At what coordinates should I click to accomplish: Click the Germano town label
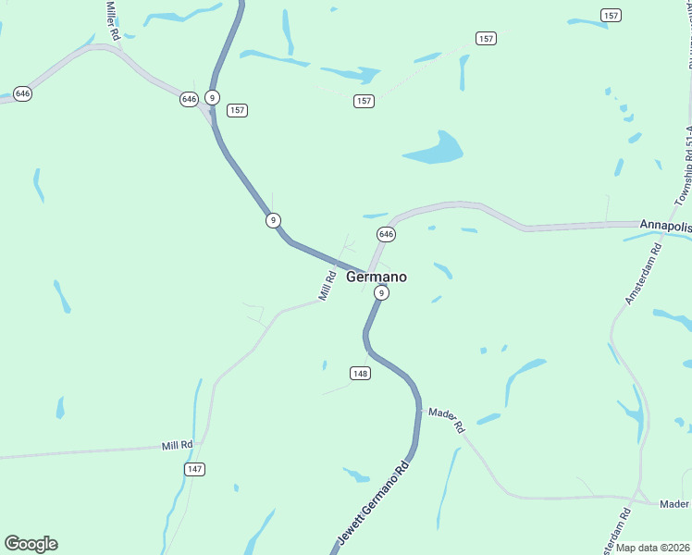[376, 276]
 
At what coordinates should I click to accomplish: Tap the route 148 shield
[361, 373]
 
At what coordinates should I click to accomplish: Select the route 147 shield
[194, 469]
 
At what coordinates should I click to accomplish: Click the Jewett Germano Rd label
[372, 506]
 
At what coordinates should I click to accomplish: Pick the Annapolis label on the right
[665, 225]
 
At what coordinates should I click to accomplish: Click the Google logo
[31, 544]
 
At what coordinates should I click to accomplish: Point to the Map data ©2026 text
[653, 548]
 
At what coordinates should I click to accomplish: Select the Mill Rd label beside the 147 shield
[176, 445]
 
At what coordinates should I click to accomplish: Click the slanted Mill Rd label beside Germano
[326, 285]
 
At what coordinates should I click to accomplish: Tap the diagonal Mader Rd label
[446, 421]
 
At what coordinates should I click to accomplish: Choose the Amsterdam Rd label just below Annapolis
[643, 275]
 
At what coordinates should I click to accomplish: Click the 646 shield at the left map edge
[23, 93]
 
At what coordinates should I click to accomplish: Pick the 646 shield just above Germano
[386, 234]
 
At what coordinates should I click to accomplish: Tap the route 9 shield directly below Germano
[380, 292]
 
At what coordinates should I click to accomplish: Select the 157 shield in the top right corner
[611, 15]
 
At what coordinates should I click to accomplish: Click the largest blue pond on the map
[434, 148]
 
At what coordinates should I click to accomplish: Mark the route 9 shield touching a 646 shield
[213, 97]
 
